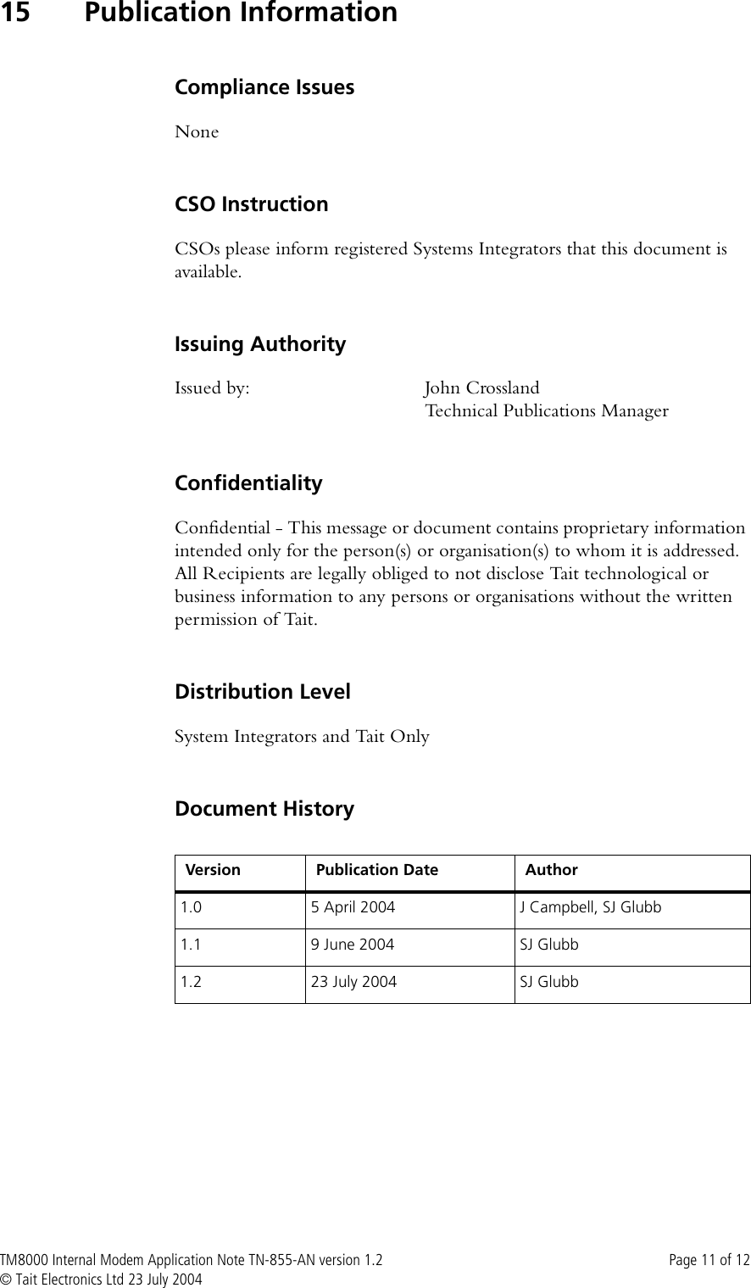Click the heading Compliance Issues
pyautogui.click(x=264, y=87)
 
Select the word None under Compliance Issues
pyautogui.click(x=197, y=132)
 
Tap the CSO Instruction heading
pyautogui.click(x=251, y=204)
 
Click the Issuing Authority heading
pyautogui.click(x=260, y=344)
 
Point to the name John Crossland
pyautogui.click(x=481, y=388)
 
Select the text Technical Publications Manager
pyautogui.click(x=546, y=411)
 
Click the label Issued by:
pyautogui.click(x=212, y=388)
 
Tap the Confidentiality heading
pyautogui.click(x=248, y=483)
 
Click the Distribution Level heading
pyautogui.click(x=262, y=692)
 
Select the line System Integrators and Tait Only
pyautogui.click(x=302, y=736)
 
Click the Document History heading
pyautogui.click(x=264, y=809)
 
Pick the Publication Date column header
pyautogui.click(x=377, y=870)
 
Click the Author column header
pyautogui.click(x=552, y=870)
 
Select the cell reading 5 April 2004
pyautogui.click(x=353, y=908)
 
